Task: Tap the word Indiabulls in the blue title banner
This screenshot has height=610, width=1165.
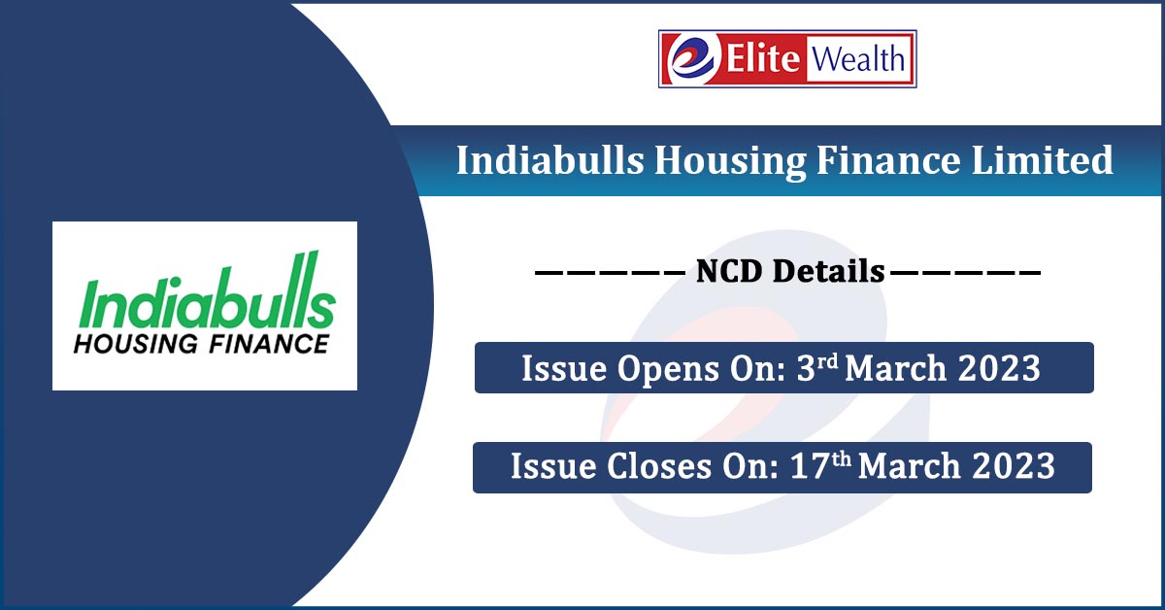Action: tap(549, 160)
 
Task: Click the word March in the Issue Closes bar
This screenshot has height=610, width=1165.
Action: tap(908, 467)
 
